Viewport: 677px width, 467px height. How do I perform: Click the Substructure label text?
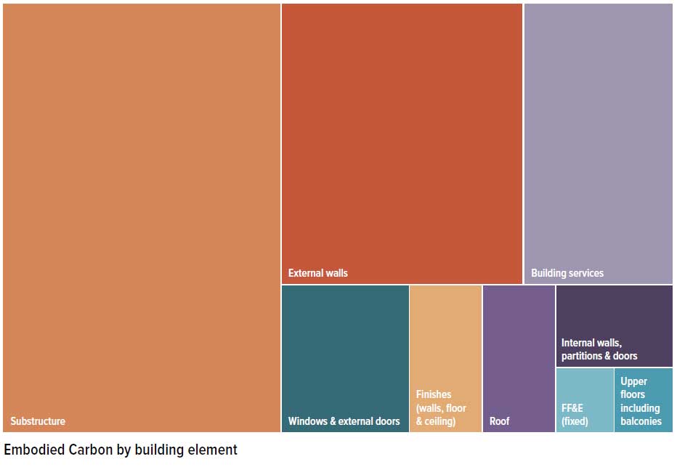coord(38,421)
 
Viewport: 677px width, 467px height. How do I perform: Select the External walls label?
coord(318,273)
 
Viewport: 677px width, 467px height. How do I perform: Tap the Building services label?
coord(567,273)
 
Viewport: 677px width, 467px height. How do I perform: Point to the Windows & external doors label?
coord(344,421)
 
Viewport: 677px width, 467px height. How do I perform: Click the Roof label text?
coord(500,421)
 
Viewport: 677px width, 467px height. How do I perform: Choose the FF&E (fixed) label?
coord(575,415)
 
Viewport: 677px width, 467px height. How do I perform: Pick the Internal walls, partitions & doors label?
coord(599,349)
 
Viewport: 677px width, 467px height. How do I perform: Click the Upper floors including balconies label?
coord(640,401)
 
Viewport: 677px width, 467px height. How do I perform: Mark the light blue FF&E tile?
coord(585,385)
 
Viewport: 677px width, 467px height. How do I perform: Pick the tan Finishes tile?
coord(445,334)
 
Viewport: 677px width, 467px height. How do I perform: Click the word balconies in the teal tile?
coord(641,421)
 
